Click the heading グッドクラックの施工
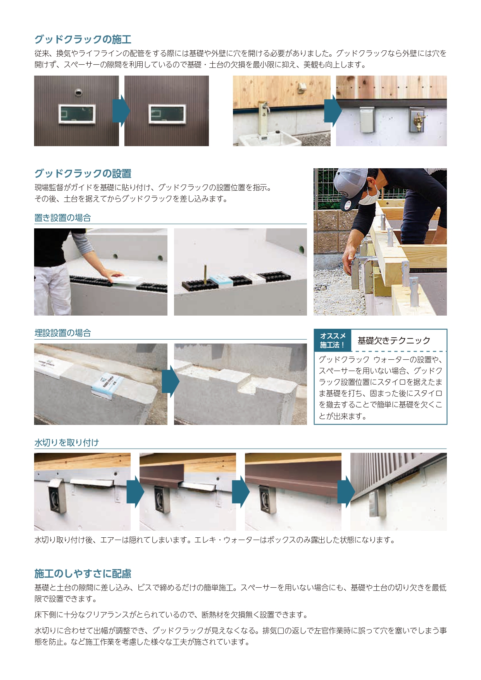click(83, 39)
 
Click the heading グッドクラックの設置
click(83, 173)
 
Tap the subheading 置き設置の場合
click(63, 218)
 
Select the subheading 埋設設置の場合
click(63, 333)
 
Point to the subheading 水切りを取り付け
click(67, 443)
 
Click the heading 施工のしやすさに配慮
click(83, 573)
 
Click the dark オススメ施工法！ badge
click(333, 340)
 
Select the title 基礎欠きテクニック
click(394, 341)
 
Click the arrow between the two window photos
click(121, 111)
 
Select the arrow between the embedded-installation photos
click(171, 381)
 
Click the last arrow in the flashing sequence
click(346, 492)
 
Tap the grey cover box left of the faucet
click(367, 121)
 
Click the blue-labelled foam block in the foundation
click(107, 385)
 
